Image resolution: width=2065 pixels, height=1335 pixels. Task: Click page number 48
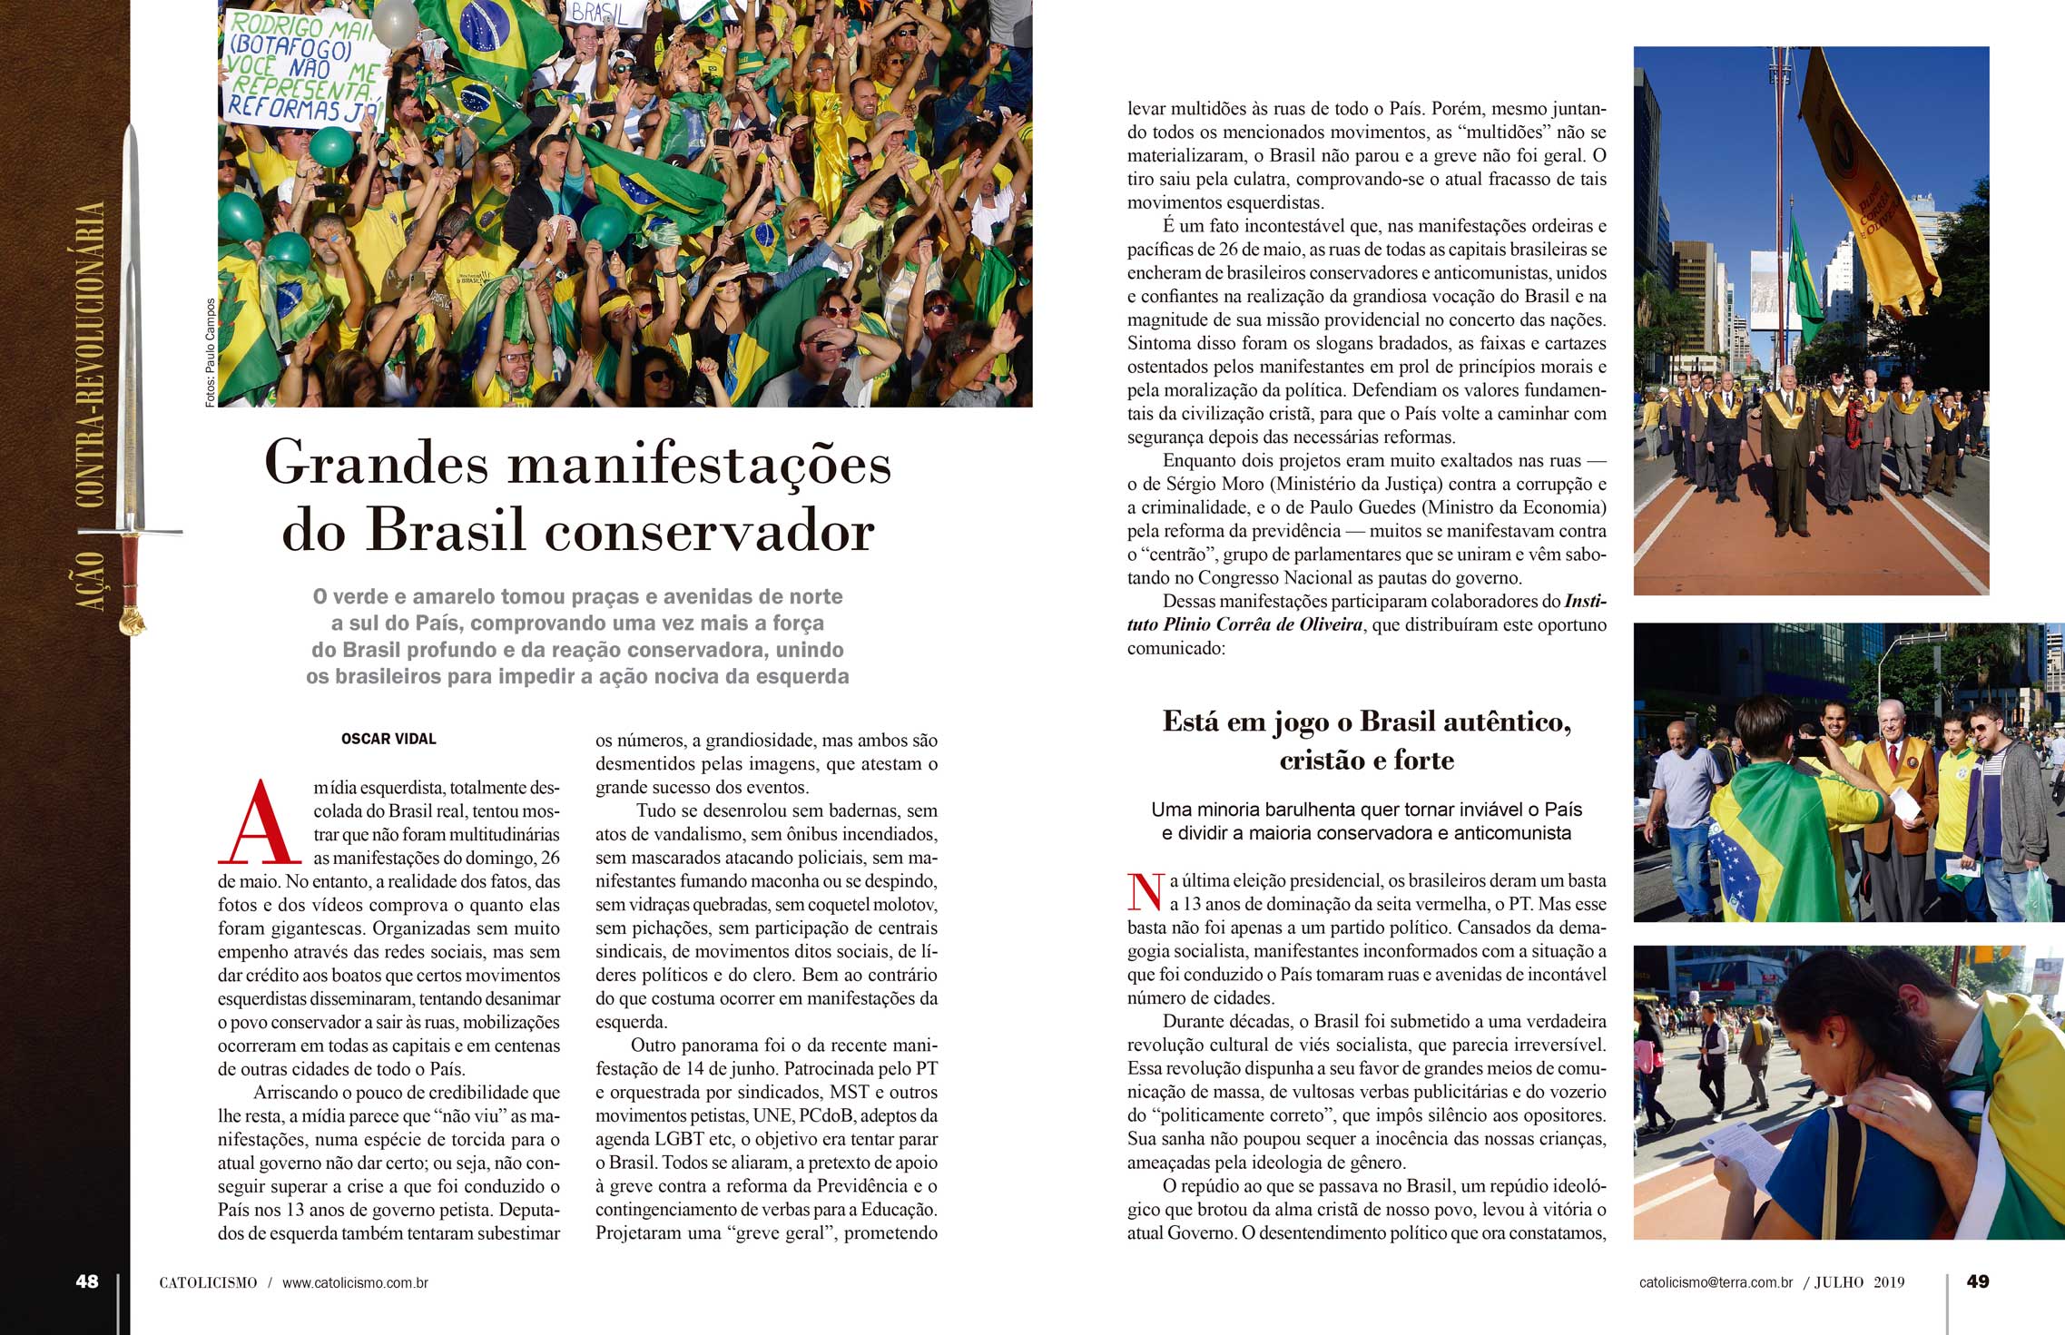tap(87, 1281)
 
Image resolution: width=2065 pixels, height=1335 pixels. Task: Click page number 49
tap(1978, 1281)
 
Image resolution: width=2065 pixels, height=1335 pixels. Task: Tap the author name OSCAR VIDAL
tap(388, 739)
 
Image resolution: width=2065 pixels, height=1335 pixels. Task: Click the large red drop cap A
tap(260, 822)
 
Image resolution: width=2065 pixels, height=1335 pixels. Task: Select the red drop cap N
tap(1146, 892)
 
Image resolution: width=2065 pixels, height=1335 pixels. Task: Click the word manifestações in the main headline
tap(699, 464)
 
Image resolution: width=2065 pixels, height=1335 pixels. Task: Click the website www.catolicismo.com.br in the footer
tap(355, 1283)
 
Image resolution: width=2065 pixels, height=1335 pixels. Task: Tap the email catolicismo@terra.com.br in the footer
tap(1716, 1282)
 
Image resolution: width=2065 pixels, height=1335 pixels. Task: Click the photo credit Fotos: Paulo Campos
tap(211, 352)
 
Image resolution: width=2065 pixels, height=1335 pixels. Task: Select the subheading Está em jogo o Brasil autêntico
tap(1366, 722)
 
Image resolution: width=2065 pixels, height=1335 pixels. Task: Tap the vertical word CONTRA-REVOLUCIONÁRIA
tap(91, 354)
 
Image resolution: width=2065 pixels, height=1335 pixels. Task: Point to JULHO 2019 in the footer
tap(1859, 1282)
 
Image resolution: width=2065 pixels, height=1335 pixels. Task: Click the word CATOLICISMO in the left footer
tap(208, 1283)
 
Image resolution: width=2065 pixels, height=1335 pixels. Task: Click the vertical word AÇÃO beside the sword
tap(91, 581)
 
